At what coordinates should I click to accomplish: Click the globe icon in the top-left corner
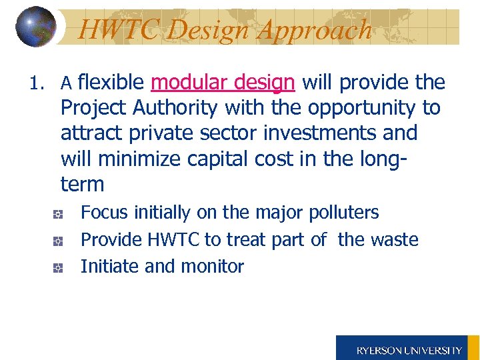[x=36, y=27]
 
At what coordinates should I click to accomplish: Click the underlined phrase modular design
[x=223, y=83]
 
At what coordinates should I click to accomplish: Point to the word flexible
[x=111, y=83]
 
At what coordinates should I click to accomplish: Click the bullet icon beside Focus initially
[x=59, y=214]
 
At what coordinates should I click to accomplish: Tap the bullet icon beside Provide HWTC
[x=59, y=241]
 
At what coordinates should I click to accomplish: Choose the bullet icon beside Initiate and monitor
[x=59, y=267]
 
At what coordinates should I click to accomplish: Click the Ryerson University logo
[x=408, y=348]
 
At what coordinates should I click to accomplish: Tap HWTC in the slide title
[x=117, y=29]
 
